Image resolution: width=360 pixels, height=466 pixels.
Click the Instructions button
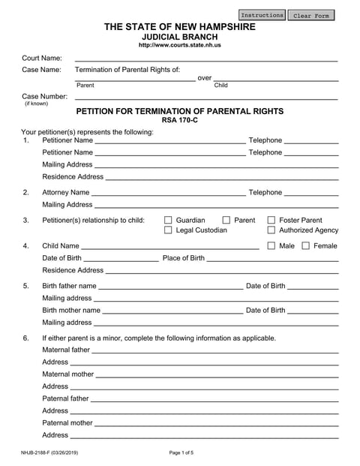(262, 15)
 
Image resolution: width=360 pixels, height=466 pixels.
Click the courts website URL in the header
(179, 45)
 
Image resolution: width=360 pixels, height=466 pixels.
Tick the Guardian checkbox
(169, 220)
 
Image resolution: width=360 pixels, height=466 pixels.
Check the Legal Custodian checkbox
(169, 230)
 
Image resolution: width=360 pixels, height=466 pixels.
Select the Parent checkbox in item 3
(227, 220)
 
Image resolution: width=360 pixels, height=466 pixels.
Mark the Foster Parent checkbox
(271, 220)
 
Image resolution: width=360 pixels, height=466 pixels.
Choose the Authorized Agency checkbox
(271, 230)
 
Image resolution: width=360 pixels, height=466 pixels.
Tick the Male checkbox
(271, 245)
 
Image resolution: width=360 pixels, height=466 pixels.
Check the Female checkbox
(306, 245)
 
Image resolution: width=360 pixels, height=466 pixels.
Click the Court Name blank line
(206, 59)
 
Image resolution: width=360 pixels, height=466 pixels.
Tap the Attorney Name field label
(66, 193)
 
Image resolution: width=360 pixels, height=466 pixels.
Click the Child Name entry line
(169, 248)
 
